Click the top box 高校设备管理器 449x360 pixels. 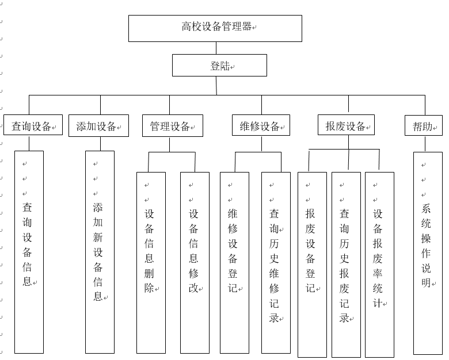coord(215,28)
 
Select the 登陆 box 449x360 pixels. coord(219,66)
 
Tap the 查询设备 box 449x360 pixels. coord(33,126)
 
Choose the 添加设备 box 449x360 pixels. coord(98,126)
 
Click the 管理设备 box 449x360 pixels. coord(172,126)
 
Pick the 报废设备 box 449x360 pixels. coord(346,125)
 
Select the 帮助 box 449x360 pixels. coord(424,126)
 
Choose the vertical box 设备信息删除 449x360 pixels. coord(151,262)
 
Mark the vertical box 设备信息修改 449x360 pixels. coord(195,262)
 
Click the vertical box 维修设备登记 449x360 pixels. coord(234,262)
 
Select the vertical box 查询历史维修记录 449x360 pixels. coord(276,262)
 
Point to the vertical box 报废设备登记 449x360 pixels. coord(312,265)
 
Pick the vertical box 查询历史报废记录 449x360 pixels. coord(346,265)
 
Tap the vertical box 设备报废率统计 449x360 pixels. coord(379,265)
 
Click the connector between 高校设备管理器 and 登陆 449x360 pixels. coord(216,48)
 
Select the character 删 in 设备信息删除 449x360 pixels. coord(149,273)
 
